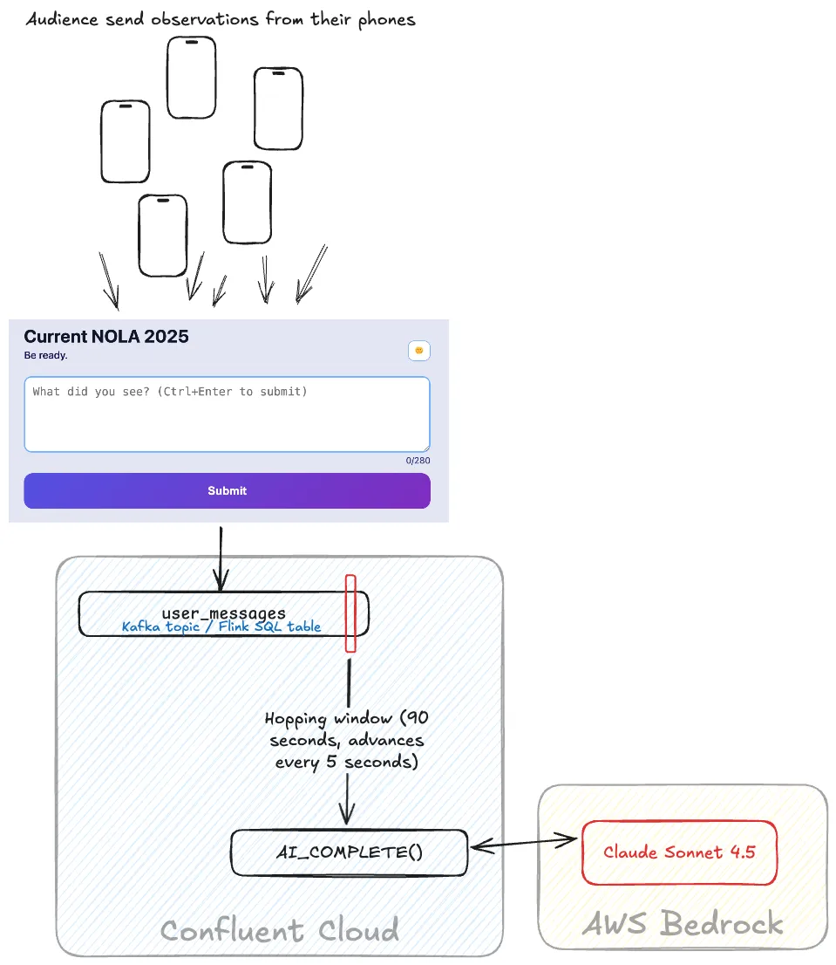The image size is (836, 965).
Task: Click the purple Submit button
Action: pos(227,490)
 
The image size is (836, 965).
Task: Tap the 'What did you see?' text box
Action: pos(227,414)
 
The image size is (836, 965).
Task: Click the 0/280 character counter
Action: pos(418,461)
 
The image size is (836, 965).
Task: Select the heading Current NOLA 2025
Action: pos(106,337)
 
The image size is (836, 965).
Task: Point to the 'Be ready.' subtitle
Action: pos(46,355)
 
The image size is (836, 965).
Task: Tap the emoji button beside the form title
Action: pos(419,351)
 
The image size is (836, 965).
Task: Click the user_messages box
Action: pos(223,613)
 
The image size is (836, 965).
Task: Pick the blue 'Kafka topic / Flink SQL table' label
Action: pos(221,626)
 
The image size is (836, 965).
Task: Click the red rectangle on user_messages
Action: pos(350,613)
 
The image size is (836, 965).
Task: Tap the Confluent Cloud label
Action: pos(280,930)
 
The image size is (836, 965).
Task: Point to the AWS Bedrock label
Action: pos(683,923)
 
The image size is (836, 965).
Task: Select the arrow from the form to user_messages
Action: pos(221,558)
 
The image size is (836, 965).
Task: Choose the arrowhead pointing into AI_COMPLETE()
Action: pos(348,816)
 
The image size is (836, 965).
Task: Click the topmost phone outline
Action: pos(191,77)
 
